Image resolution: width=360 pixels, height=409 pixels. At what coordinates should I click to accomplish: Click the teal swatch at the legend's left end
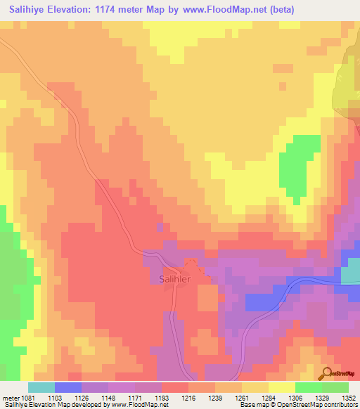[41, 387]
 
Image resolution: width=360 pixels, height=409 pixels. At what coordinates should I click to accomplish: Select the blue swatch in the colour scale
[68, 387]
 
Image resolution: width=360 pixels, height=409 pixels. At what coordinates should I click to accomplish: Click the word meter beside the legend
[8, 398]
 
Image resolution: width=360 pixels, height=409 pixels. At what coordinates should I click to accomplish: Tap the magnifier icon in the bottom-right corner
[328, 373]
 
